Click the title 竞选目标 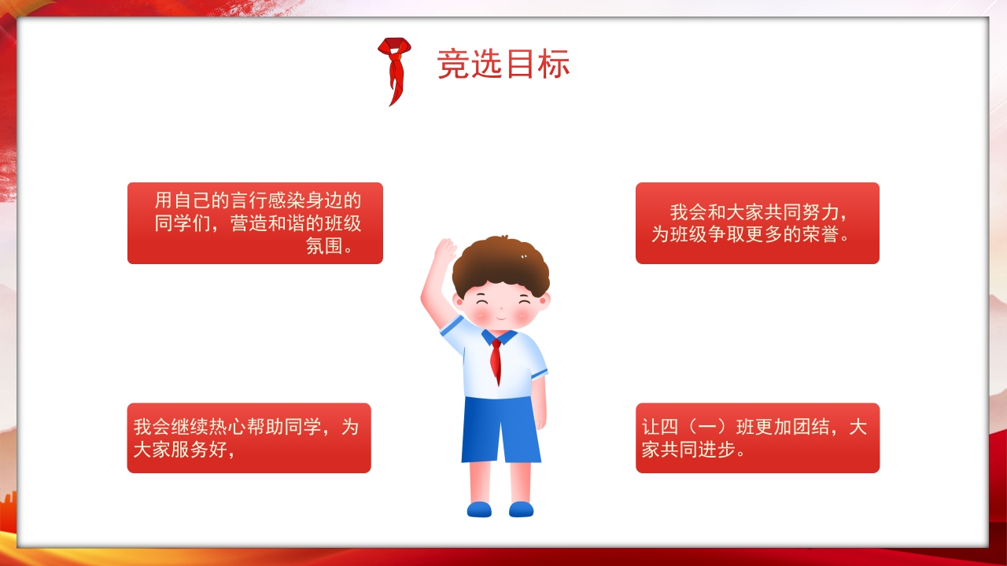pyautogui.click(x=503, y=65)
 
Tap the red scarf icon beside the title pyautogui.click(x=394, y=69)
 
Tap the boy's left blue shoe pyautogui.click(x=479, y=509)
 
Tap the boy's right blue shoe pyautogui.click(x=521, y=509)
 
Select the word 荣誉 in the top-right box pyautogui.click(x=819, y=234)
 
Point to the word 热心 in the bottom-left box pyautogui.click(x=227, y=427)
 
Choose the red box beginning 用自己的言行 pyautogui.click(x=255, y=223)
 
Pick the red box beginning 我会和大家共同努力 pyautogui.click(x=757, y=223)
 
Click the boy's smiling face pyautogui.click(x=502, y=307)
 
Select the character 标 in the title pyautogui.click(x=555, y=65)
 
